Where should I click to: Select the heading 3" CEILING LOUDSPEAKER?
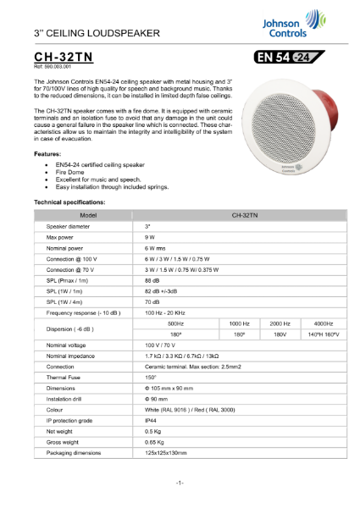click(x=97, y=32)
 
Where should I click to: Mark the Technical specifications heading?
click(x=74, y=204)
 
